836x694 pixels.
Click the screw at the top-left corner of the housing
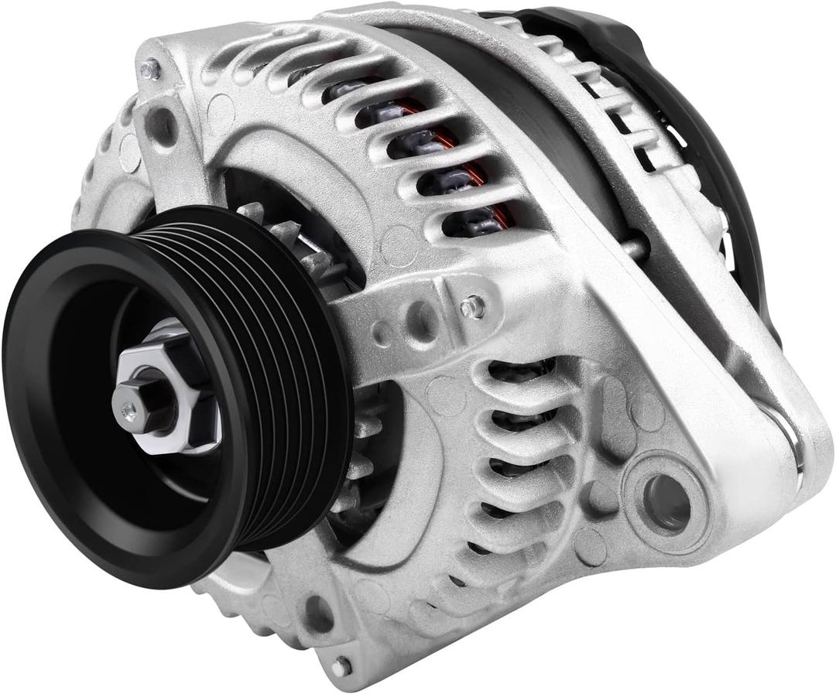point(149,70)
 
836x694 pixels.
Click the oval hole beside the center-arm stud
point(422,316)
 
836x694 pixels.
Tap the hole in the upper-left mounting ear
point(164,124)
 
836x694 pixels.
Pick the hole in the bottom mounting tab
point(318,612)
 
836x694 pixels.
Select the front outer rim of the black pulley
point(46,402)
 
